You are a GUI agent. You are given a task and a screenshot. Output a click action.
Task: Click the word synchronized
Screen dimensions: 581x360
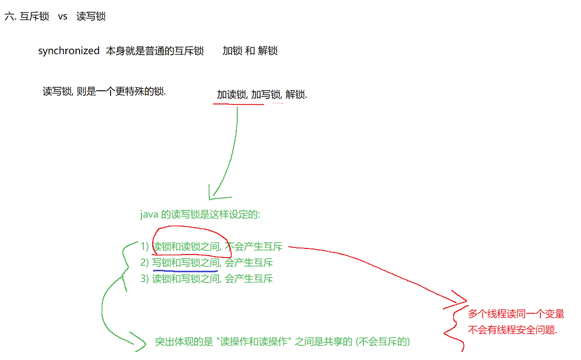pyautogui.click(x=68, y=51)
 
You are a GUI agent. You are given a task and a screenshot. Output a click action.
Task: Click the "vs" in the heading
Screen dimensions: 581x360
pyautogui.click(x=62, y=16)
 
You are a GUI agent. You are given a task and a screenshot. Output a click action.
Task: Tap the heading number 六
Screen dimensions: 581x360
pyautogui.click(x=9, y=16)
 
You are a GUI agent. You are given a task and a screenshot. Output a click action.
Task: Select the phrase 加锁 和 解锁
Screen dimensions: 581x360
pyautogui.click(x=249, y=51)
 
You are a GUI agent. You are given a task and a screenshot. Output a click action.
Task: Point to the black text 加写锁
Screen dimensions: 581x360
pyautogui.click(x=266, y=95)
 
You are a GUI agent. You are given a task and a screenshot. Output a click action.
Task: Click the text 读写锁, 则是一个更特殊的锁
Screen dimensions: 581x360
pyautogui.click(x=104, y=92)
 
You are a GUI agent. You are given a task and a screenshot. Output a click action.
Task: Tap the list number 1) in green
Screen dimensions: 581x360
pyautogui.click(x=145, y=247)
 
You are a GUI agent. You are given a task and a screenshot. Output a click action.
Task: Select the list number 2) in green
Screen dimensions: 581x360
pyautogui.click(x=145, y=263)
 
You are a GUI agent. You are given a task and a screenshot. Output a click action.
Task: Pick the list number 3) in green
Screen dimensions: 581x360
pyautogui.click(x=145, y=278)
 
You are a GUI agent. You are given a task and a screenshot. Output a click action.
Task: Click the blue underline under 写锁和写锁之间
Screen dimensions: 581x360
pyautogui.click(x=185, y=271)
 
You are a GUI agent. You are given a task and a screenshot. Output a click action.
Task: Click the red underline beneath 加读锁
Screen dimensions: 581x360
pyautogui.click(x=238, y=104)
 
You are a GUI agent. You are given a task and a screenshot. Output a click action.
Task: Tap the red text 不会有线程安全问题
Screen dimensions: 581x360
pyautogui.click(x=512, y=330)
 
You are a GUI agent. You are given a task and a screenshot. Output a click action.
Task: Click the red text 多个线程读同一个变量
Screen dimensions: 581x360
pyautogui.click(x=516, y=314)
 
